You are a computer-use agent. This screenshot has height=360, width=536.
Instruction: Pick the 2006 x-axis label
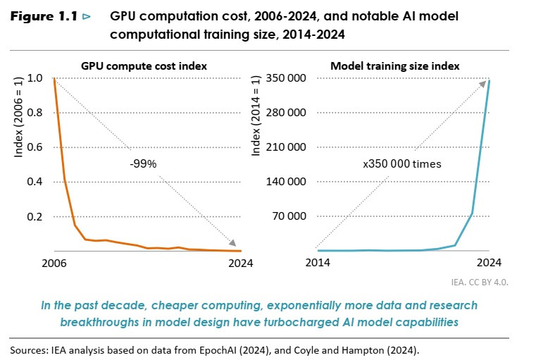pos(54,263)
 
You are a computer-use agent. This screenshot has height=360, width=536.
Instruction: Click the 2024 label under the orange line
pos(239,263)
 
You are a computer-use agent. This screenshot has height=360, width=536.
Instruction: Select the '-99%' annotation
pos(142,163)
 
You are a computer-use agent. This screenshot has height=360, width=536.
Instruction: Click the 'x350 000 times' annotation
pos(401,164)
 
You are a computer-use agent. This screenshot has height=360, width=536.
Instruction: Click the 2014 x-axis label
pos(318,263)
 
